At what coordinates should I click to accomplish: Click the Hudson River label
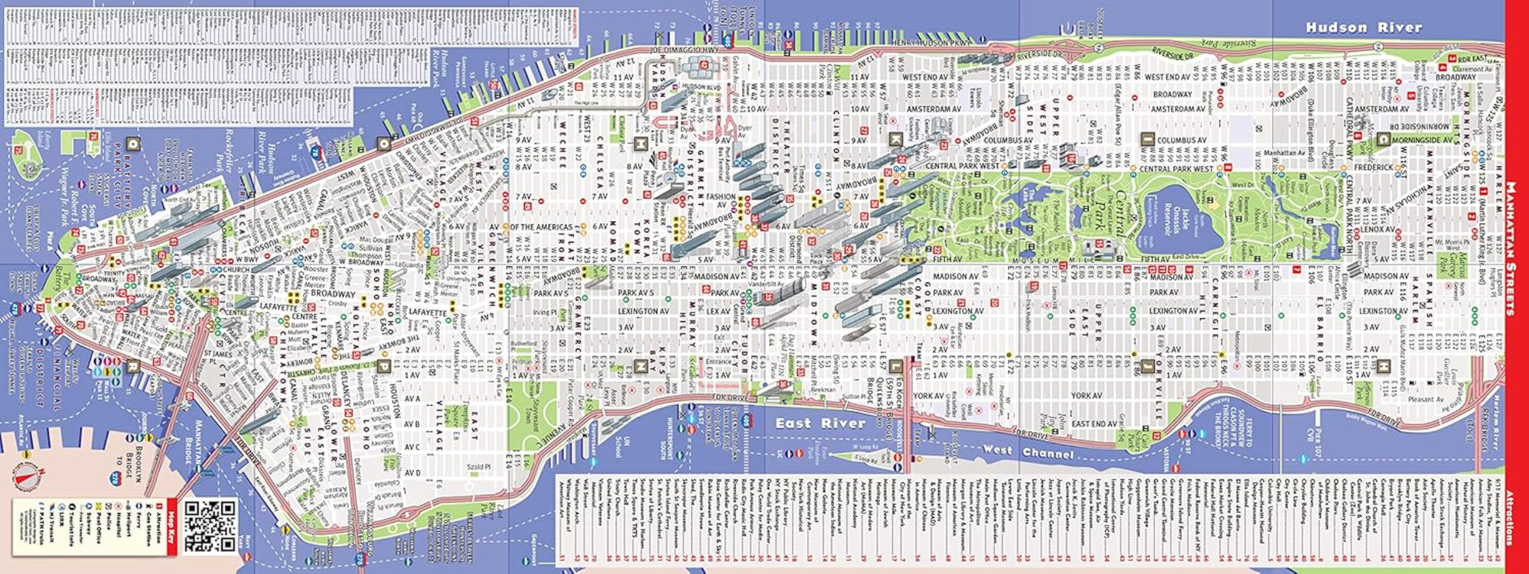pos(1363,28)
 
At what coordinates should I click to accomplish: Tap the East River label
pos(820,423)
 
